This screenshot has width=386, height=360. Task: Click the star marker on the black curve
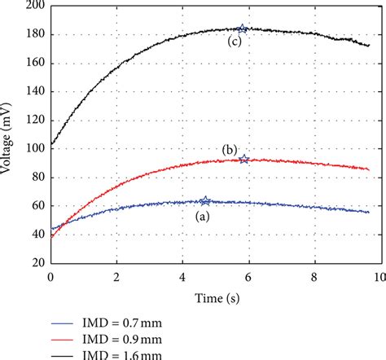[x=242, y=29]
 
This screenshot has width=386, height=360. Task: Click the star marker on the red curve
[x=244, y=159]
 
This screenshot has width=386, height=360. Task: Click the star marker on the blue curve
[x=205, y=201]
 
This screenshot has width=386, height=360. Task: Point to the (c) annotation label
[x=235, y=44]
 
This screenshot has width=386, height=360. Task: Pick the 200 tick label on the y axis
[x=34, y=7]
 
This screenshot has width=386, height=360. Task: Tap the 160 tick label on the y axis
[x=34, y=64]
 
